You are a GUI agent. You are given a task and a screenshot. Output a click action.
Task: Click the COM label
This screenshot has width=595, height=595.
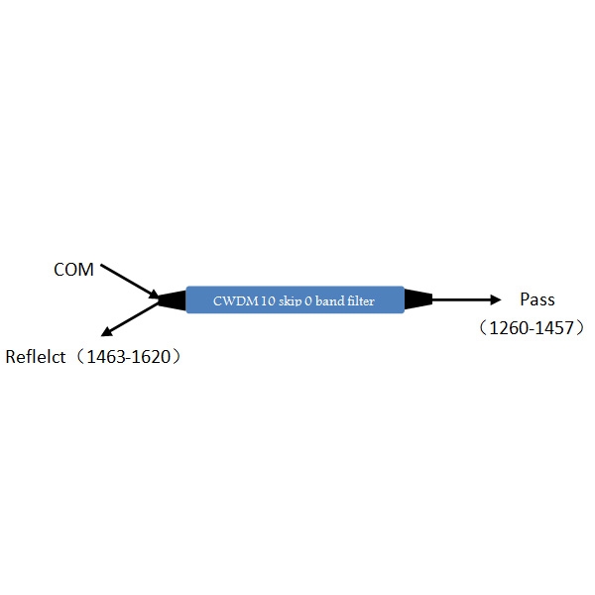pyautogui.click(x=73, y=270)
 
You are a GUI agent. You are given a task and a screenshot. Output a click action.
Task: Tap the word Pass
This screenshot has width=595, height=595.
pyautogui.click(x=537, y=299)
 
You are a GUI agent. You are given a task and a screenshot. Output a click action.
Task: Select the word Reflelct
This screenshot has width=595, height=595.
pyautogui.click(x=36, y=357)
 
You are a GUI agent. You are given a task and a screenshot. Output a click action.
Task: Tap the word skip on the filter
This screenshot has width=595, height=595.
pyautogui.click(x=291, y=301)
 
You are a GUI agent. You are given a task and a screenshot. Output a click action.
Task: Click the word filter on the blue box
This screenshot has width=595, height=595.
pyautogui.click(x=361, y=300)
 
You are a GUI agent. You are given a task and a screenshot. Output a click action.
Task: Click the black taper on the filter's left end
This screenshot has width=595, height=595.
pyautogui.click(x=172, y=299)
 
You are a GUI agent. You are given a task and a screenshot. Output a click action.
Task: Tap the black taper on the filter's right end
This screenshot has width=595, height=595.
pyautogui.click(x=418, y=299)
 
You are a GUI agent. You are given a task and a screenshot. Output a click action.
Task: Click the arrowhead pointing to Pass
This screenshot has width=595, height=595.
pyautogui.click(x=495, y=299)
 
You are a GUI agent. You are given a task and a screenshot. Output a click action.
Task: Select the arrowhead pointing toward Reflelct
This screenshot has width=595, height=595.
pyautogui.click(x=107, y=331)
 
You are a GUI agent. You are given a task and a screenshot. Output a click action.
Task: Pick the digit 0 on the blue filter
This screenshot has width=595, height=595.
pyautogui.click(x=308, y=300)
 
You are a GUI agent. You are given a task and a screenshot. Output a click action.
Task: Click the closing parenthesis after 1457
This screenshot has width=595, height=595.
pyautogui.click(x=580, y=328)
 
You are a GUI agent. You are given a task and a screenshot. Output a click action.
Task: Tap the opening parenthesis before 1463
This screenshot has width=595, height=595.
pyautogui.click(x=79, y=357)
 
